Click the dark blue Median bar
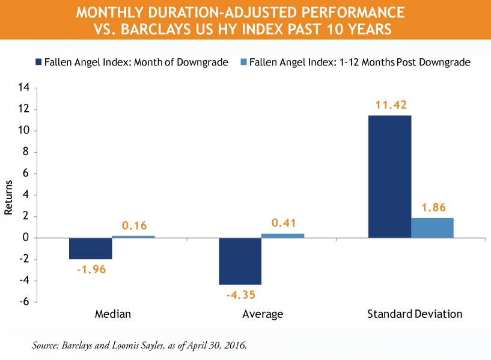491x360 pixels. point(91,248)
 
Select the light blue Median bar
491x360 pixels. point(133,236)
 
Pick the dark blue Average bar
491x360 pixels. point(240,261)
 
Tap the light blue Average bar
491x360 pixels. point(282,235)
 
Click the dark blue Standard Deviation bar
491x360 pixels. point(389,176)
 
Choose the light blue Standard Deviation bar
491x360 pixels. point(432,228)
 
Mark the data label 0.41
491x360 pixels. point(282,223)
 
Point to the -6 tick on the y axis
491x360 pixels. point(24,302)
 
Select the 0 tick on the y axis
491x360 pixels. point(26,238)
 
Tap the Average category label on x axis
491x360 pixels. point(262,314)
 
